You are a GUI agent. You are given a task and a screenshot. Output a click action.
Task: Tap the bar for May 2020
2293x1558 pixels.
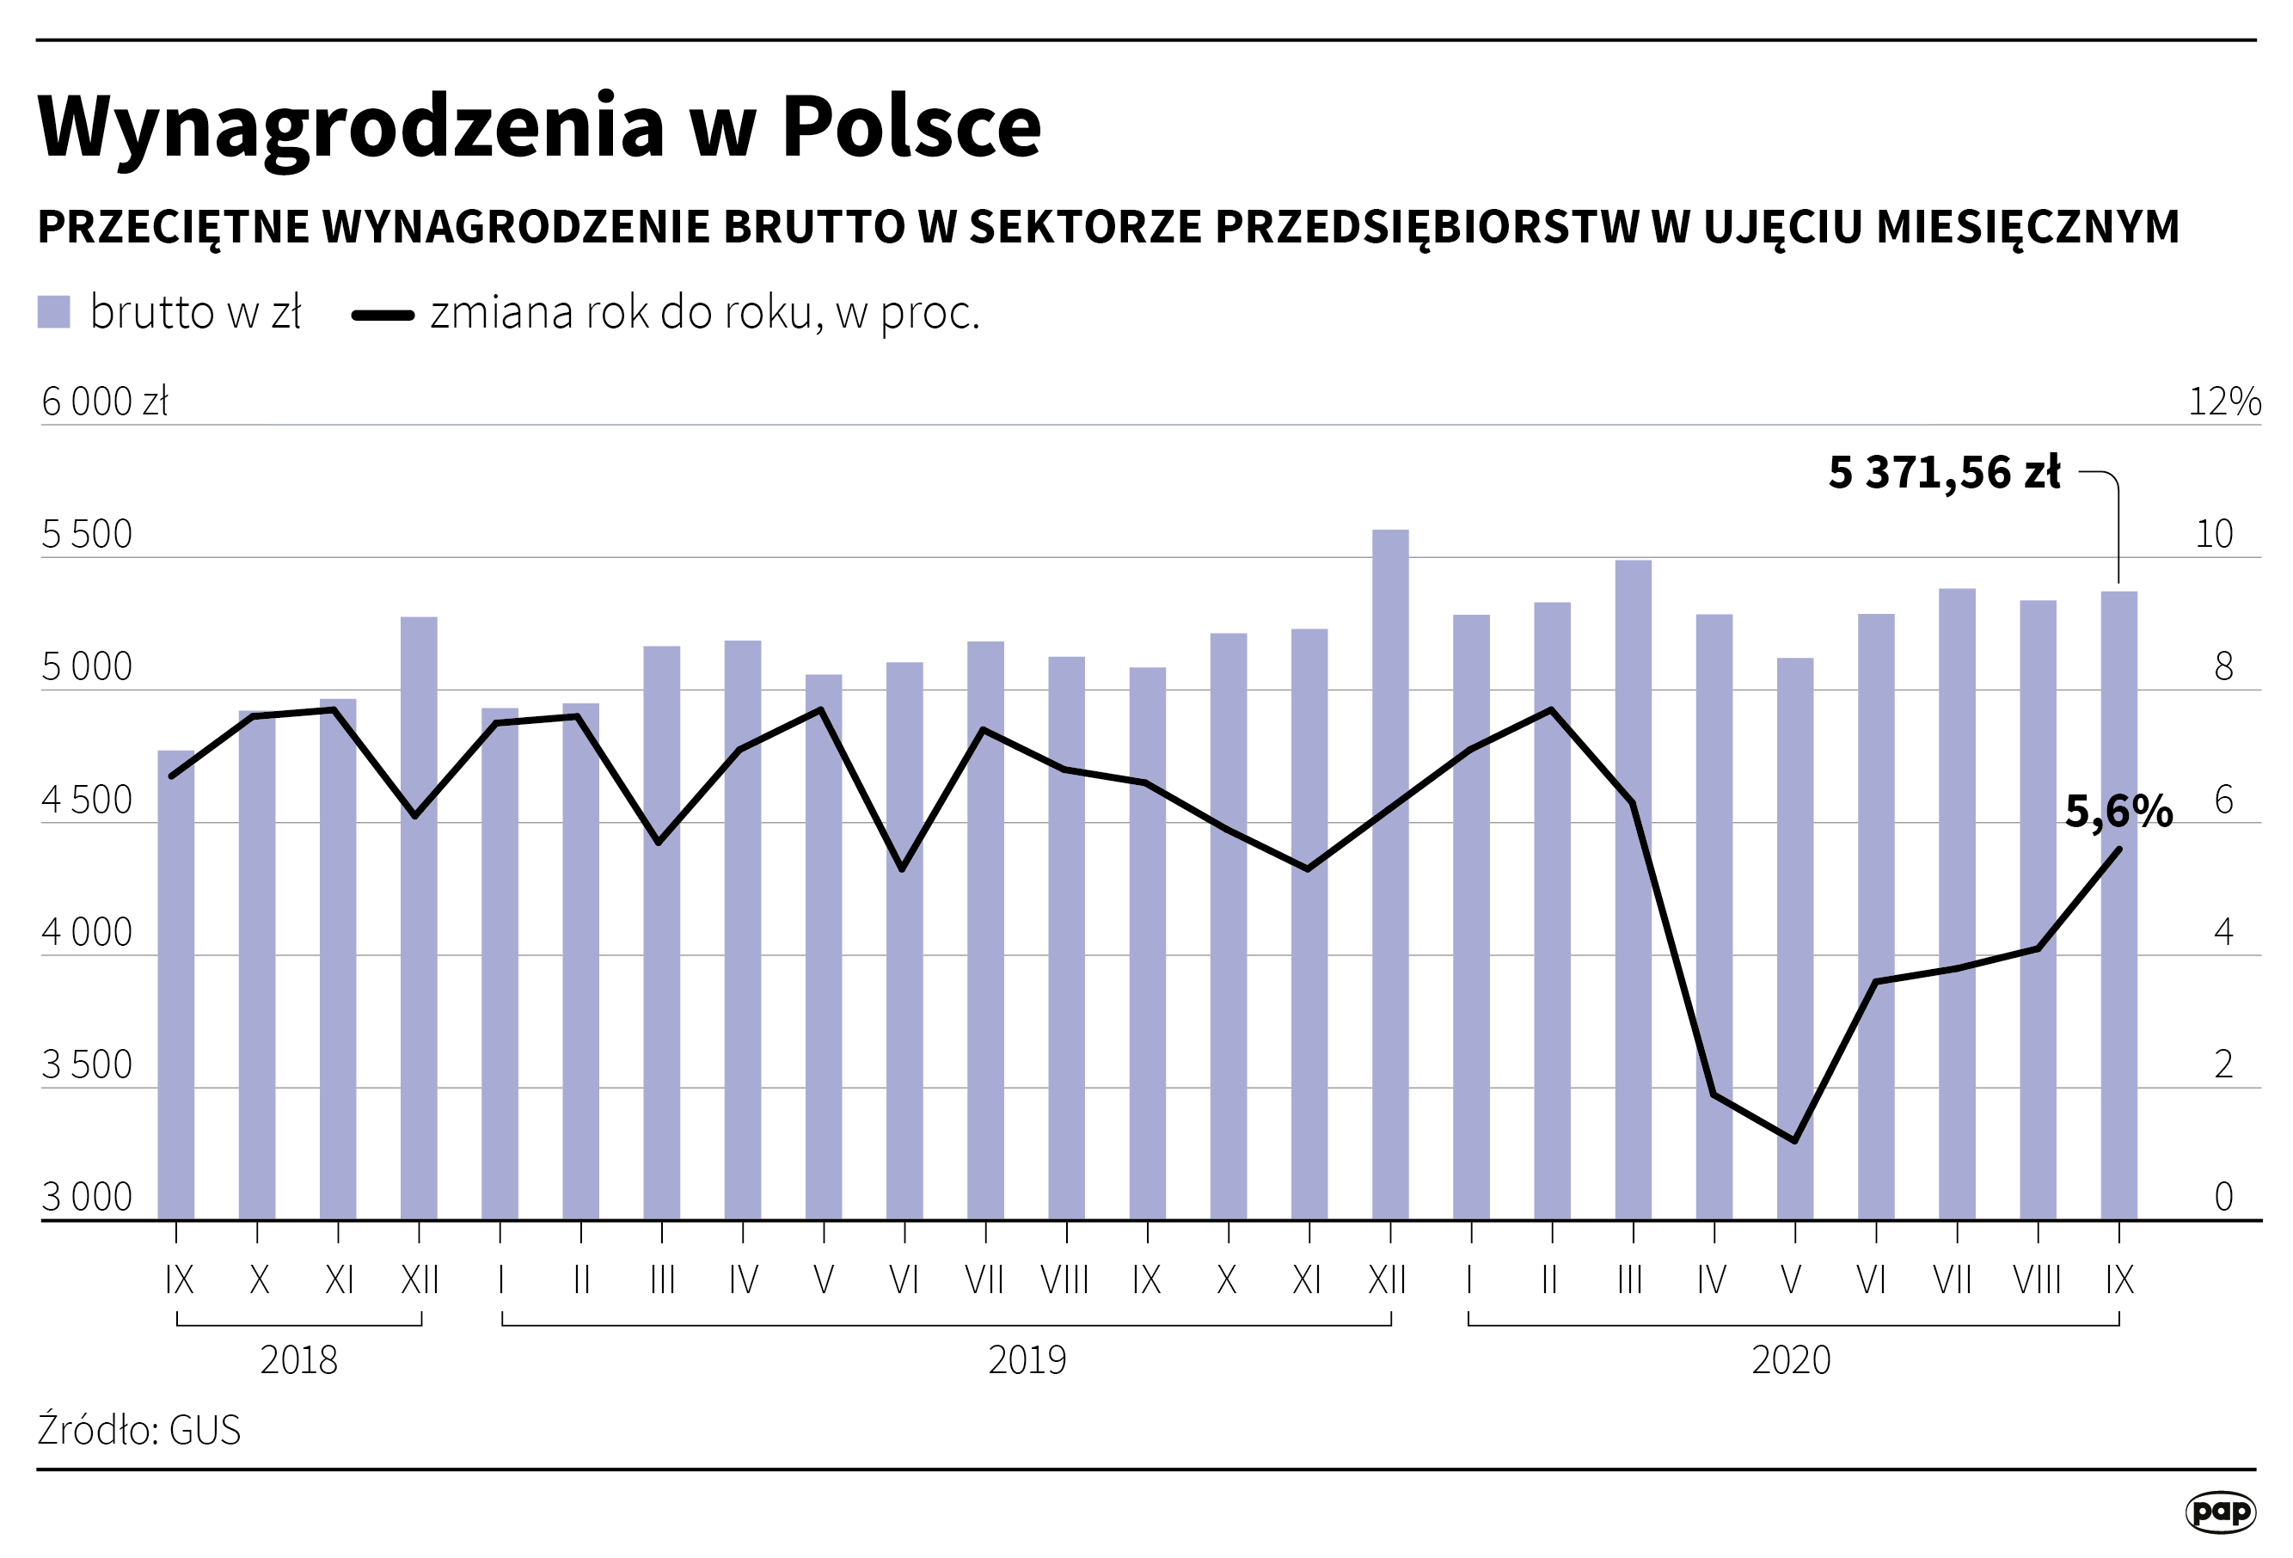tap(1793, 937)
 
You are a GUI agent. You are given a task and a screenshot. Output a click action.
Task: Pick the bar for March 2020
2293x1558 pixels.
tap(1632, 888)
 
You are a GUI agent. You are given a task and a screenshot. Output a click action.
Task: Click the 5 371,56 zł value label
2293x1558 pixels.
tap(1943, 473)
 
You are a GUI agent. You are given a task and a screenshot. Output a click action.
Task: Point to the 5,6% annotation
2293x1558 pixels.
tap(2118, 811)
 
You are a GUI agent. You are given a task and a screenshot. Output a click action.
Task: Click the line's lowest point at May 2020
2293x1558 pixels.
tap(1793, 1141)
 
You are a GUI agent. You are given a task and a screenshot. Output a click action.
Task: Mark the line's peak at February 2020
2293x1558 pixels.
tap(1551, 709)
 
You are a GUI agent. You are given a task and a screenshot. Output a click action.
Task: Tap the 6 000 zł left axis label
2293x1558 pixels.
tap(105, 402)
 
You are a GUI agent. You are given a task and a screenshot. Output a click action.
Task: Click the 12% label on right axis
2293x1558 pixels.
tap(2224, 402)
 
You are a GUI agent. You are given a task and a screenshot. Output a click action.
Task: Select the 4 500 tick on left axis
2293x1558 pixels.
tap(87, 800)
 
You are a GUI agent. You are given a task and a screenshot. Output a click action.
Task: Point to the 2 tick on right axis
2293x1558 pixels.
tap(2223, 1064)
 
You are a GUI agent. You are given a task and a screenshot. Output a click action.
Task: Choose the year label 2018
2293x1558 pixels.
tap(298, 1359)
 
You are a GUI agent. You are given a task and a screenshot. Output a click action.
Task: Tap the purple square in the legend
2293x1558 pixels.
tap(53, 312)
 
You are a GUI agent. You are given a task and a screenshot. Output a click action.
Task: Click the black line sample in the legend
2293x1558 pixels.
tap(383, 316)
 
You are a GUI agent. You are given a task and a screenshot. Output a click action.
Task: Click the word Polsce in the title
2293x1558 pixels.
tap(910, 126)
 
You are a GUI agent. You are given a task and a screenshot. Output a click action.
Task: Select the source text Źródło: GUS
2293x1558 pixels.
tap(139, 1430)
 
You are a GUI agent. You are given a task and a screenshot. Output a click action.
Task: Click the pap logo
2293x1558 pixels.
tap(2220, 1511)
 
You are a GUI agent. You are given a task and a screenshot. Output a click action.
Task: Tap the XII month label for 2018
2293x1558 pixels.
tap(420, 1279)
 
